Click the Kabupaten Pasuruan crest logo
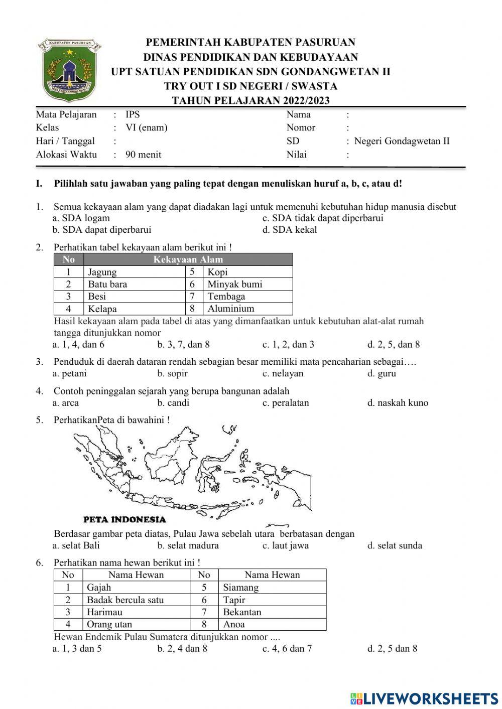69,70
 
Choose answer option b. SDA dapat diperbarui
102,230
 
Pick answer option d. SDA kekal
290,230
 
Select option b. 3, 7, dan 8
183,344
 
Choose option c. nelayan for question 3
283,373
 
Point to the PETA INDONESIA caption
124,519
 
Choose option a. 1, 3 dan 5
77,648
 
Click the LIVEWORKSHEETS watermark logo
424,698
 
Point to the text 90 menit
144,155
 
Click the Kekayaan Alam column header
188,259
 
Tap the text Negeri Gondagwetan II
402,141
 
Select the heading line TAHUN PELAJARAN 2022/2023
250,100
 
